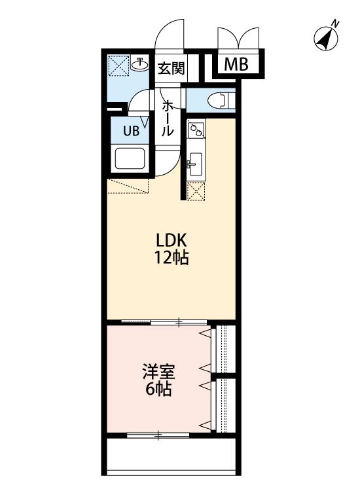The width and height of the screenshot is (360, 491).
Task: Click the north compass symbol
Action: point(326,39)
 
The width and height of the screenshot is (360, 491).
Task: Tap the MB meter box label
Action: point(236,65)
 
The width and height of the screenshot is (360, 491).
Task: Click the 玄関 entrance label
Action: point(171,68)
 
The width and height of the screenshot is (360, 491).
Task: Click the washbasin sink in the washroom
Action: point(139,65)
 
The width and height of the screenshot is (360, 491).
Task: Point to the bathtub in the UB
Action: point(130,158)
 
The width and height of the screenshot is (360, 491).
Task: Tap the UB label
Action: point(131,130)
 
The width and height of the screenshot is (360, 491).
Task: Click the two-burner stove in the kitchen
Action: point(196,130)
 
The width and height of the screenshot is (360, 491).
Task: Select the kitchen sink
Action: point(195,165)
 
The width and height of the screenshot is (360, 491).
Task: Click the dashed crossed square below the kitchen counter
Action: point(196,191)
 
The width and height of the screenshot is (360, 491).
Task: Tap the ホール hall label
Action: point(168,118)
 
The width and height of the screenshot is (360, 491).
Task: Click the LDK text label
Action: point(171,241)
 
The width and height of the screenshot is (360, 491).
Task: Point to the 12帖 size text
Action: point(171,259)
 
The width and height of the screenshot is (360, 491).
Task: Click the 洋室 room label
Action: point(158,372)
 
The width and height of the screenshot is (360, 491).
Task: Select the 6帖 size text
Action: point(158,390)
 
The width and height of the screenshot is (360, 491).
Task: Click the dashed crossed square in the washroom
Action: point(118,65)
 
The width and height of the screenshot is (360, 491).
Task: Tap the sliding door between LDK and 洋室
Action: point(164,321)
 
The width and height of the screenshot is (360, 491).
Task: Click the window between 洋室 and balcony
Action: point(158,435)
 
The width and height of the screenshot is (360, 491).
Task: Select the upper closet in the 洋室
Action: point(223,349)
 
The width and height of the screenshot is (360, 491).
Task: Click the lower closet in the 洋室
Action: point(223,406)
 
